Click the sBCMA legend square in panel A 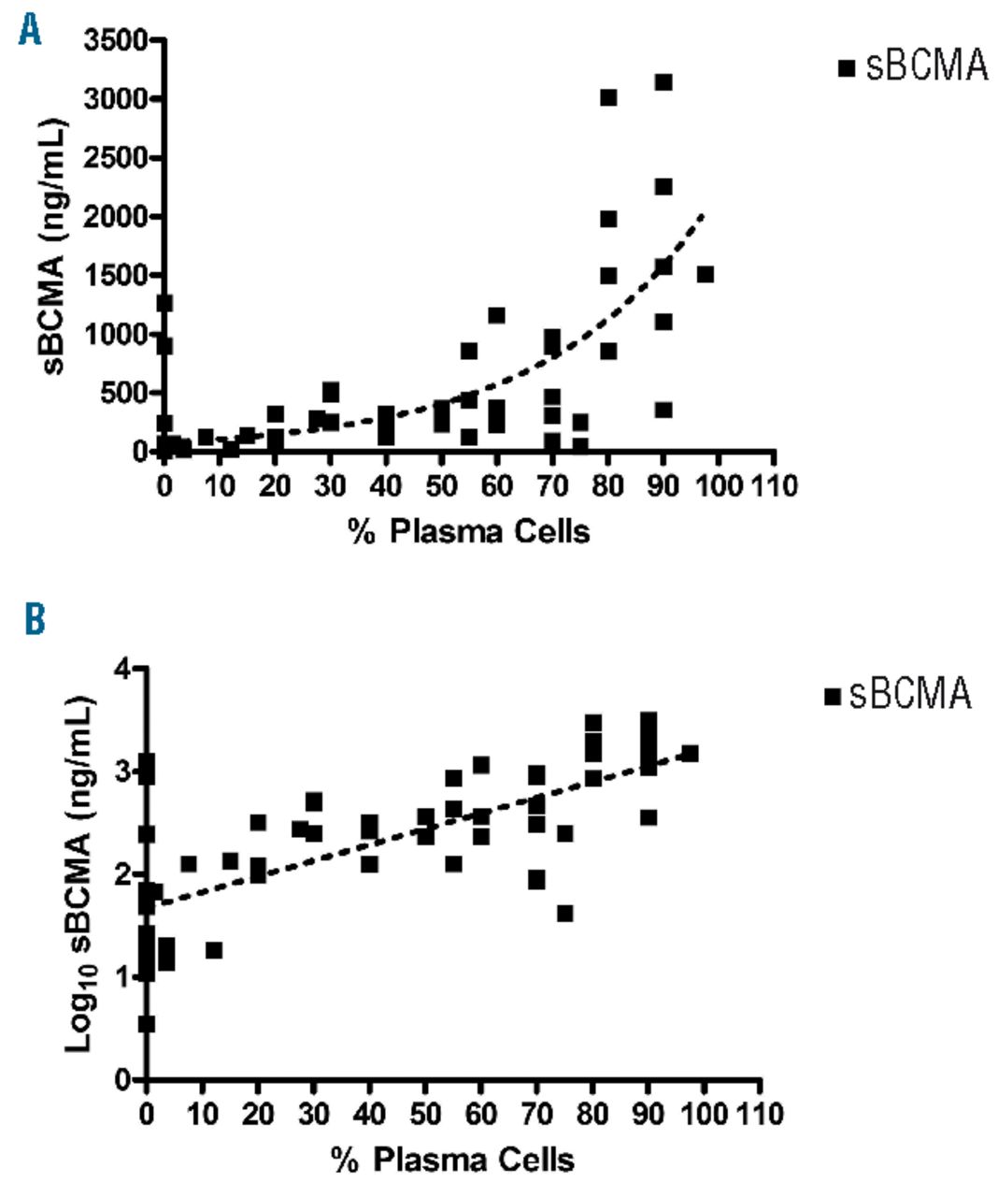point(847,67)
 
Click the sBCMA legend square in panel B point(831,696)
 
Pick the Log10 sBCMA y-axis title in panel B point(81,873)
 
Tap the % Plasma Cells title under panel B point(452,1161)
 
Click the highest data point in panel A point(663,82)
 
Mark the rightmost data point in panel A point(706,274)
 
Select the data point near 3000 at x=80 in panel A point(608,97)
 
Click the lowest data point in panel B point(146,1024)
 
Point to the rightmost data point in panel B point(690,753)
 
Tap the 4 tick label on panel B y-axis point(121,669)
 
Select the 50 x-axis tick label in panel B point(426,1114)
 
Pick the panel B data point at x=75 point(564,913)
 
